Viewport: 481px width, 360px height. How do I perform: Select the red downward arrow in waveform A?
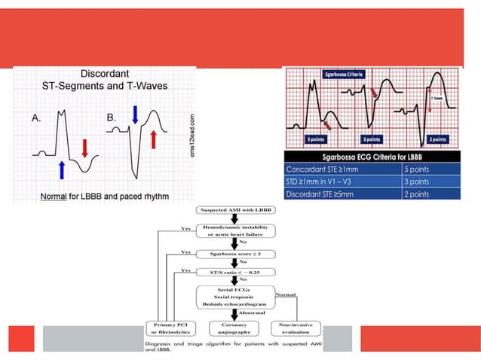point(84,147)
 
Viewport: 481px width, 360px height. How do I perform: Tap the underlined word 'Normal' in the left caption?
point(55,197)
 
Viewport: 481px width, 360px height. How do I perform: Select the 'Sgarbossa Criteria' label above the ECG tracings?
point(345,75)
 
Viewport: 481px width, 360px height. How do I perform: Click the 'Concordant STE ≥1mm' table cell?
point(327,169)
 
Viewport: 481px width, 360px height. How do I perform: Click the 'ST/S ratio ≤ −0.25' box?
point(236,271)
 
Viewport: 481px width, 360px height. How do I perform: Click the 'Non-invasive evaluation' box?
point(297,329)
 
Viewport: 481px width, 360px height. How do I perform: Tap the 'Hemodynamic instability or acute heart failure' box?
point(236,230)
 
